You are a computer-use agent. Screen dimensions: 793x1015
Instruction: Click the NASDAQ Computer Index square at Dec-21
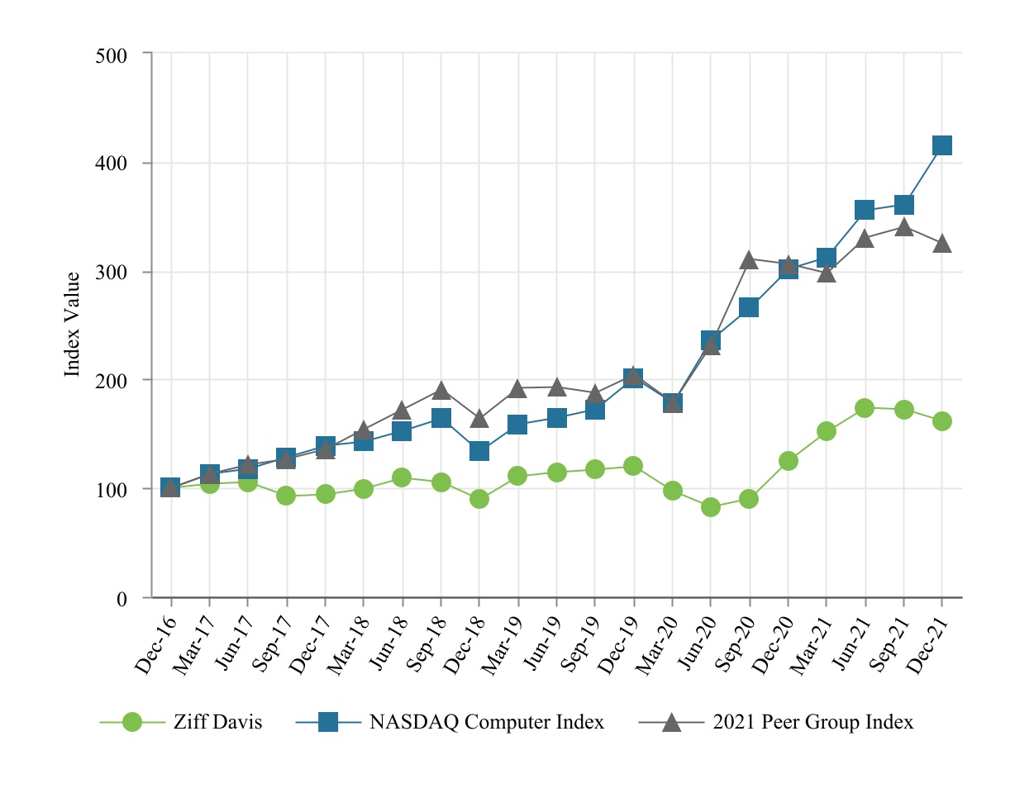coord(941,145)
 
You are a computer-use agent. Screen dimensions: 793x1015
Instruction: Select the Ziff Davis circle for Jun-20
coord(711,507)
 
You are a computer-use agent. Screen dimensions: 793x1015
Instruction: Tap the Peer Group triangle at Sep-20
coord(749,261)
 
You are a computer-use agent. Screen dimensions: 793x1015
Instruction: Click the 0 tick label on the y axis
coord(122,599)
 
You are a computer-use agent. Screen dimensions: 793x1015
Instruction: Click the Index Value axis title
coord(73,325)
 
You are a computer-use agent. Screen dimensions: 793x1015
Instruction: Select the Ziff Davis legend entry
coord(217,722)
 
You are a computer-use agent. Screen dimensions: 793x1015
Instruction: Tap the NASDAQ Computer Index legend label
coord(486,722)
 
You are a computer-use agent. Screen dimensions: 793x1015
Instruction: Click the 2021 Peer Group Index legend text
coord(812,722)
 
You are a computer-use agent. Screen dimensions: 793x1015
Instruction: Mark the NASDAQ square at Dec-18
coord(479,451)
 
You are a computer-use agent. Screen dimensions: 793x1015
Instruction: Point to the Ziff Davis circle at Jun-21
coord(865,408)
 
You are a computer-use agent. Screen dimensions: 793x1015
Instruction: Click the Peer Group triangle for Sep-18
coord(441,391)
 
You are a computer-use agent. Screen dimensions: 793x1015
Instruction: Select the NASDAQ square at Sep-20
coord(749,307)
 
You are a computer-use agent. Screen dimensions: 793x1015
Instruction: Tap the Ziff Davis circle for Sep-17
coord(286,496)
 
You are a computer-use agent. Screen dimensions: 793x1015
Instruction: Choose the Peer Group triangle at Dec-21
coord(941,245)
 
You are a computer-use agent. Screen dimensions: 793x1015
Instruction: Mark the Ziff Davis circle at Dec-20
coord(788,461)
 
